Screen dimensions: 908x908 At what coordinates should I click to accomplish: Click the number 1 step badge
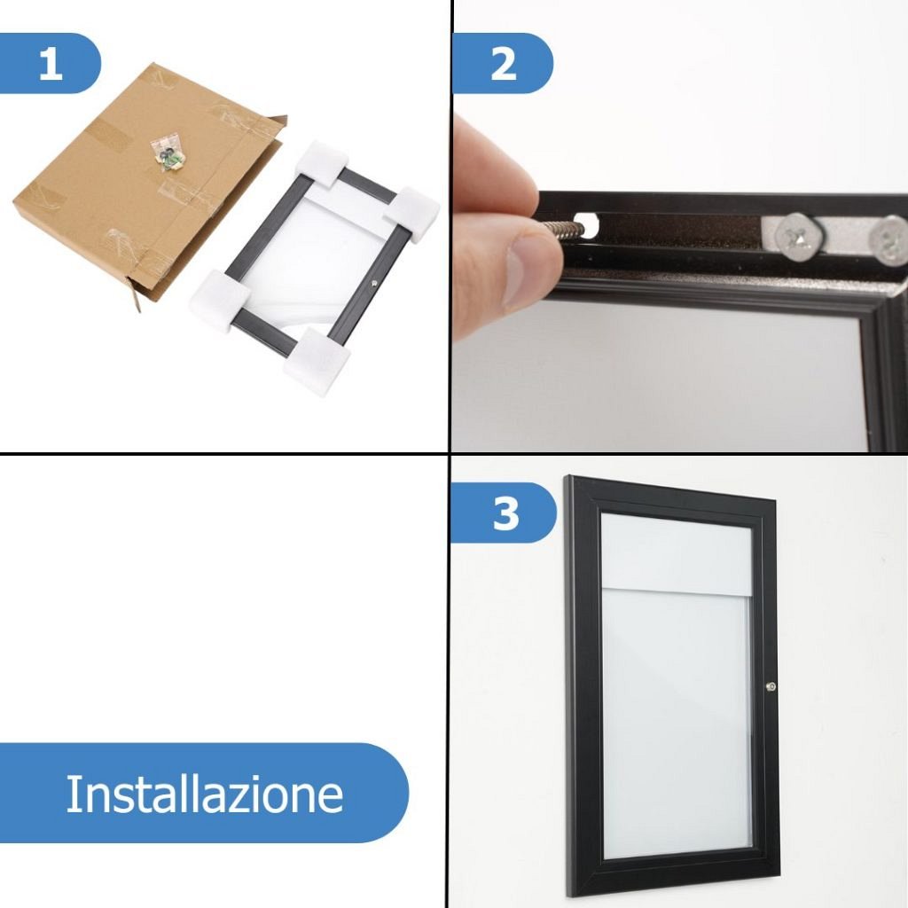(x=50, y=63)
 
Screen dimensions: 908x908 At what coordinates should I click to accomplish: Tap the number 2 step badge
(x=502, y=63)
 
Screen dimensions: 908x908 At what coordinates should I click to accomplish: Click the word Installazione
(x=205, y=794)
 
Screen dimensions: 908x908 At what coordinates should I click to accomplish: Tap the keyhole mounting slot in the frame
(x=587, y=224)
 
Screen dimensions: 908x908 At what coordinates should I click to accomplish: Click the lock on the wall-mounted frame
(x=771, y=686)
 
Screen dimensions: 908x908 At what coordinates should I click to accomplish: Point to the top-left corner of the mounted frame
(x=567, y=476)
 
